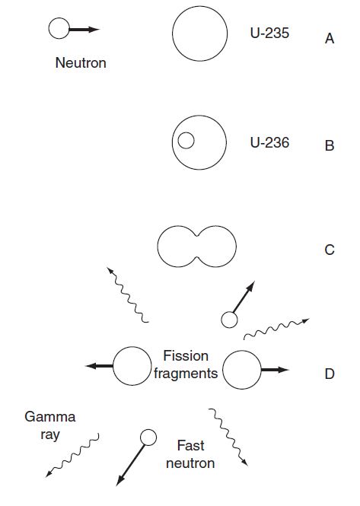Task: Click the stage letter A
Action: tap(330, 39)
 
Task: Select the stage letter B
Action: tap(330, 145)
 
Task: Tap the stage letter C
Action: tap(330, 250)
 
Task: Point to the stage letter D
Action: tap(330, 374)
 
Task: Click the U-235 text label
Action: tap(269, 33)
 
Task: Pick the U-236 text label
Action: tap(269, 142)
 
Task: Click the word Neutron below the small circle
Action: tap(81, 62)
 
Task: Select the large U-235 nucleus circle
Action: tap(173, 33)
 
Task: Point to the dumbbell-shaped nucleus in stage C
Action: tap(158, 247)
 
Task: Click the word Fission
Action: tap(186, 356)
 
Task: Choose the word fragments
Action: tap(186, 374)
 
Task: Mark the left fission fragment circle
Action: tap(113, 366)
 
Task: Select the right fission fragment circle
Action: tap(223, 370)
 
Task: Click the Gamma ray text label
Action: tap(50, 425)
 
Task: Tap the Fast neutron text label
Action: tap(190, 454)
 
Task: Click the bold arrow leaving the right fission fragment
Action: tap(275, 370)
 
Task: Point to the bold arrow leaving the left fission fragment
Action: tap(99, 366)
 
